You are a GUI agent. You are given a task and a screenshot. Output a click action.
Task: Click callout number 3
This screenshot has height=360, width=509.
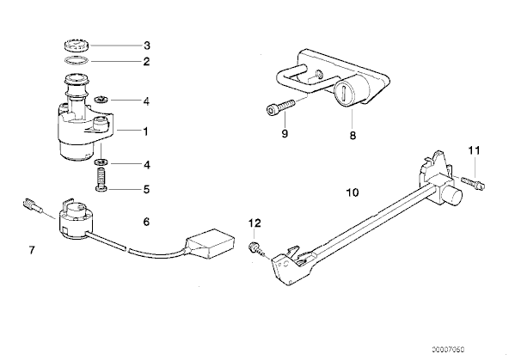click(147, 46)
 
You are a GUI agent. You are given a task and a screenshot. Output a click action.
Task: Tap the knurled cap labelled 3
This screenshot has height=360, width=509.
click(77, 45)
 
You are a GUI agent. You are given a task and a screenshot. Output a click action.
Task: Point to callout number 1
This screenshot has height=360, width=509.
click(146, 131)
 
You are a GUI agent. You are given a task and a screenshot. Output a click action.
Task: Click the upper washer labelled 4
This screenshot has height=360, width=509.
click(101, 100)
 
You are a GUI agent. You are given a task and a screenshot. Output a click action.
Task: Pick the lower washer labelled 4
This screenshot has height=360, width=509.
click(101, 162)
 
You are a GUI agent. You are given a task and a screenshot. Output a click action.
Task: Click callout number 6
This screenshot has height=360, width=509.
click(146, 222)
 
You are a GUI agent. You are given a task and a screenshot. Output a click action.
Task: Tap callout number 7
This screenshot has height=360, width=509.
click(32, 250)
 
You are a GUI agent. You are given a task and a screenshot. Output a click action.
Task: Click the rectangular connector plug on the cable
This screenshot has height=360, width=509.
click(210, 243)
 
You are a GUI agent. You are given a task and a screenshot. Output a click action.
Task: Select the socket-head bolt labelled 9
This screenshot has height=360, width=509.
click(280, 107)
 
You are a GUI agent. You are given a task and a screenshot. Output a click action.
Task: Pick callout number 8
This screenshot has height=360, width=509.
click(353, 135)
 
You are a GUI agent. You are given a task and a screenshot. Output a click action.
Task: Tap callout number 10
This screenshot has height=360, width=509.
click(353, 192)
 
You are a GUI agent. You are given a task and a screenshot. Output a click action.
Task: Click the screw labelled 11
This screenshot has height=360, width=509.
click(473, 183)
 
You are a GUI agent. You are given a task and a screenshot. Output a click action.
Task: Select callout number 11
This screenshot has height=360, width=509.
click(474, 150)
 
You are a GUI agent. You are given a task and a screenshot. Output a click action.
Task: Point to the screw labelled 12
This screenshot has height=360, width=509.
click(256, 248)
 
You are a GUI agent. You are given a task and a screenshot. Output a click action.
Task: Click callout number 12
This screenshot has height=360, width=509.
click(254, 223)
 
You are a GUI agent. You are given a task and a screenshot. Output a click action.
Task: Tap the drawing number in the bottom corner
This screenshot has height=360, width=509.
click(448, 350)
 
